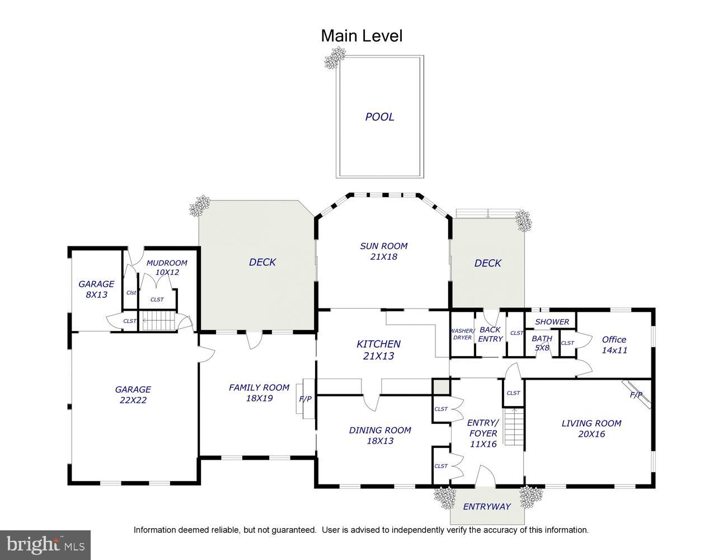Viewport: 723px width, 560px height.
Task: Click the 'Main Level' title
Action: (x=361, y=36)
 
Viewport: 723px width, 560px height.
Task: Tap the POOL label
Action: (x=379, y=117)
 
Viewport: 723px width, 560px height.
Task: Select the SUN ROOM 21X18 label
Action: (x=383, y=251)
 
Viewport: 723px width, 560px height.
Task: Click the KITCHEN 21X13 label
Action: (x=379, y=350)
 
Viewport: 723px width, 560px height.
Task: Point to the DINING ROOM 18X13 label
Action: (x=380, y=435)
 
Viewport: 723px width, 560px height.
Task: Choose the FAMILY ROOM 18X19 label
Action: (x=259, y=393)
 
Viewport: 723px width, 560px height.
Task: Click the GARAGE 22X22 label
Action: (x=133, y=395)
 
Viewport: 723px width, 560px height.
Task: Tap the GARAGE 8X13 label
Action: (x=96, y=289)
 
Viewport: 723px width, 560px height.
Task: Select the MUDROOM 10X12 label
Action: (x=167, y=268)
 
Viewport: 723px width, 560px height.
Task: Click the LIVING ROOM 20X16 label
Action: (x=591, y=428)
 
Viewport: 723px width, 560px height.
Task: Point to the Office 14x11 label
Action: (x=614, y=344)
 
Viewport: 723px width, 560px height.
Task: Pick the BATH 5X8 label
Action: (x=542, y=343)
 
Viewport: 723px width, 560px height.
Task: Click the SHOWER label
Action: (x=552, y=322)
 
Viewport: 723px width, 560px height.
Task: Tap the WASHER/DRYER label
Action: (x=462, y=334)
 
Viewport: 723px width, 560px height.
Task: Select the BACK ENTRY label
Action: (x=490, y=334)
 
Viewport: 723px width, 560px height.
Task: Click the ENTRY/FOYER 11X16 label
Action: (x=482, y=433)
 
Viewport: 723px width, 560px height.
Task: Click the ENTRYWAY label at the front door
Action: (x=487, y=507)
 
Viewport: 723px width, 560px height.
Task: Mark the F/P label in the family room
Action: (x=306, y=399)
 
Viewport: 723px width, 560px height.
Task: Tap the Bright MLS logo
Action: (x=46, y=544)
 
